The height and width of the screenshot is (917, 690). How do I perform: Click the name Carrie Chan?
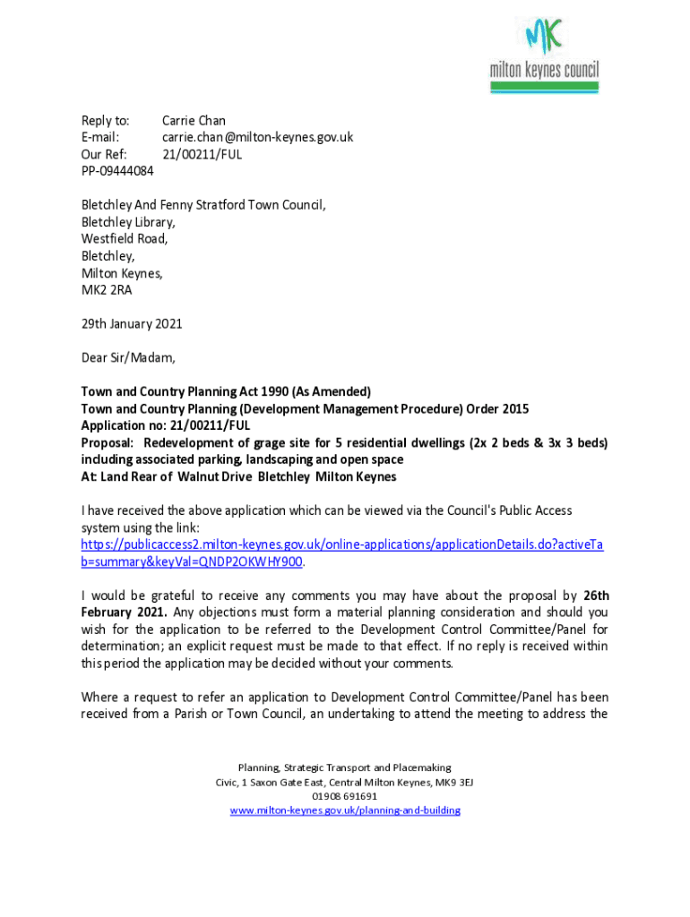[x=194, y=120]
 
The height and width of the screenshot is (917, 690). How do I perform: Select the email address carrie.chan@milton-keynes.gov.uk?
[x=257, y=137]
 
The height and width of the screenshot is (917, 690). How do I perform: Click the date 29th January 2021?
[x=132, y=323]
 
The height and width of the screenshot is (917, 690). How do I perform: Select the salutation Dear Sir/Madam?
[x=128, y=357]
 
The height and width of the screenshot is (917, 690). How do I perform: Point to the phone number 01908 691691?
[x=344, y=795]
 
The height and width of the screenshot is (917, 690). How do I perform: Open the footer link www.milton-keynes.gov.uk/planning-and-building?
[x=344, y=810]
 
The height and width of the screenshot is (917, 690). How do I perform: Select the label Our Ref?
[x=104, y=154]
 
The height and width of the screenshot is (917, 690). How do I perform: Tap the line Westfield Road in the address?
[x=125, y=239]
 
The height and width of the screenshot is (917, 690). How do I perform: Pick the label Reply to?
[x=106, y=120]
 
